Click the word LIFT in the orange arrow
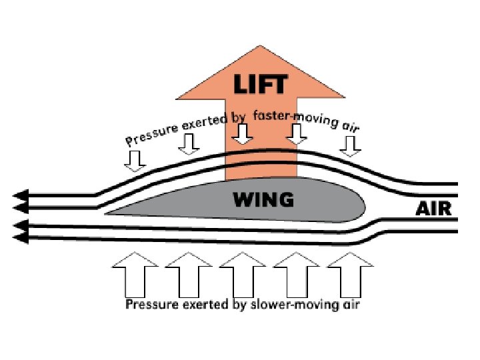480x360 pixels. pyautogui.click(x=261, y=85)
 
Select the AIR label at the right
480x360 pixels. pyautogui.click(x=433, y=209)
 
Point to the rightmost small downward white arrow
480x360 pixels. pyautogui.click(x=349, y=145)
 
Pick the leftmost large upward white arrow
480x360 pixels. pyautogui.click(x=135, y=274)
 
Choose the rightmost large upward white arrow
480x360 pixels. pyautogui.click(x=349, y=274)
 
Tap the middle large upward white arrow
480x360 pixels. pyautogui.click(x=242, y=274)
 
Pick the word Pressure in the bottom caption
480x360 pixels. pyautogui.click(x=150, y=305)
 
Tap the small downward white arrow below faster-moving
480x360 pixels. pyautogui.click(x=297, y=136)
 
